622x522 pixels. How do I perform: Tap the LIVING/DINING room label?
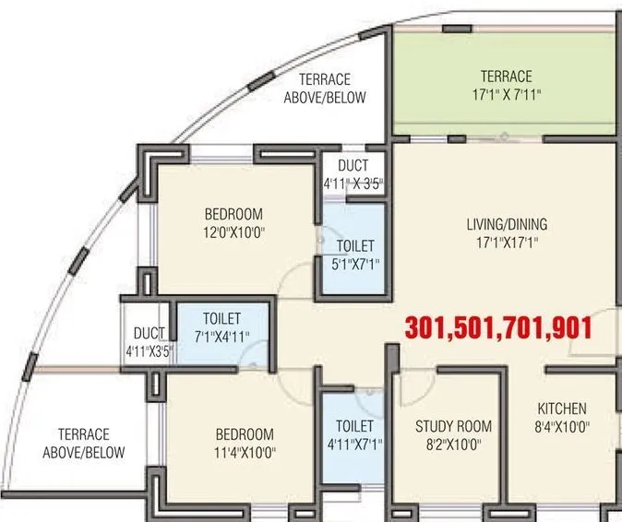505,224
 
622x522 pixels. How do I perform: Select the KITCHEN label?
562,409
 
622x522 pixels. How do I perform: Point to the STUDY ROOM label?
452,426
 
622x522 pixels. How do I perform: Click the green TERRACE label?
506,76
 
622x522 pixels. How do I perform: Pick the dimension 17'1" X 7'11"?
506,93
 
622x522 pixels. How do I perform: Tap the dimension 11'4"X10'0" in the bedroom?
245,452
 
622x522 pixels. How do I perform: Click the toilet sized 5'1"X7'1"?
355,255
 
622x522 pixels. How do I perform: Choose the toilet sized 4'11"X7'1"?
354,435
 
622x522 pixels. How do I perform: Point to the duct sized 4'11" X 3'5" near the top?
353,175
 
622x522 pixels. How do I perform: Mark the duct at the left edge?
149,341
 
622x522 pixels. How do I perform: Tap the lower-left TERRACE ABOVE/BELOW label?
83,444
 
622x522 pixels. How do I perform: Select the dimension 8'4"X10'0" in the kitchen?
562,426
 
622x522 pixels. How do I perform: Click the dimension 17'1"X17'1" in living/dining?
505,242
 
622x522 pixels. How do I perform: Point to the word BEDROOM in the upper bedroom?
233,214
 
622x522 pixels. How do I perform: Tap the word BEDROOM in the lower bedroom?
245,434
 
